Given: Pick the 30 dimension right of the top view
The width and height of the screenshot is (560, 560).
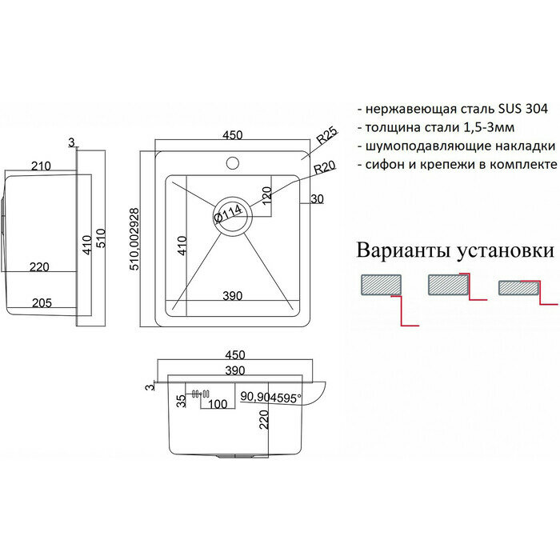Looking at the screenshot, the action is point(318,199).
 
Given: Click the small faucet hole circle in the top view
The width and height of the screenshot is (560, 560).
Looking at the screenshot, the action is point(233,165).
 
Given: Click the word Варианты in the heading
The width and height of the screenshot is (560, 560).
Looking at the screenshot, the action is point(411,250).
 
